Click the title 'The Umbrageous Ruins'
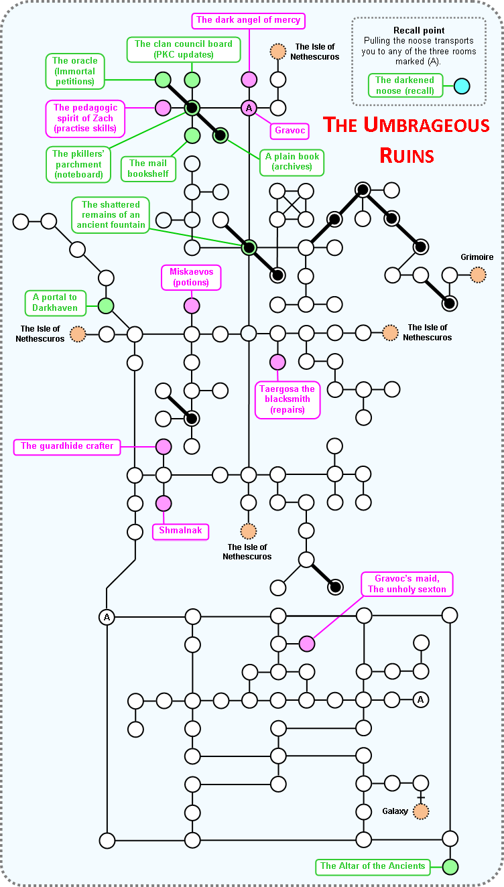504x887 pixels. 406,139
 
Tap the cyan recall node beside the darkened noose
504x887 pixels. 461,86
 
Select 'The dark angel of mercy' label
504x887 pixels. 249,20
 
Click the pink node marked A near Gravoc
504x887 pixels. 249,108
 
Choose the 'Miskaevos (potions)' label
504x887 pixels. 192,277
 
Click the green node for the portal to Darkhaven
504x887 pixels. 106,306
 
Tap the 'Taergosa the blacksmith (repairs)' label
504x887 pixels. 287,399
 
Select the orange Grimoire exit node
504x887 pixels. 477,275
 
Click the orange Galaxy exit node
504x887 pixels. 421,811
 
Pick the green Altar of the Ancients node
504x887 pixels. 450,866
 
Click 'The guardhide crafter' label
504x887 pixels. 67,446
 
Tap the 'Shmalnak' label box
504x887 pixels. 180,531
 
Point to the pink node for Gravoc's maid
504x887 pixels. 306,644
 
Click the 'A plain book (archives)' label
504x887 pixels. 293,162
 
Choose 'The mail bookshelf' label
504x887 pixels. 147,169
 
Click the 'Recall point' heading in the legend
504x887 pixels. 419,31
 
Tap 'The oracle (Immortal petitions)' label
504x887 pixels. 74,72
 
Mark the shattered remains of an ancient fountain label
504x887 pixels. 111,214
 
